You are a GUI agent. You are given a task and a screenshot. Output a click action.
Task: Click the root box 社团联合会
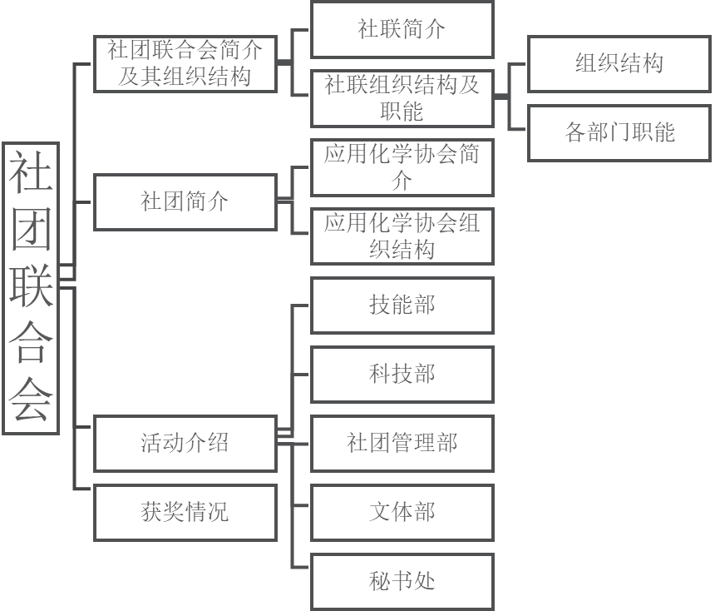pyautogui.click(x=31, y=287)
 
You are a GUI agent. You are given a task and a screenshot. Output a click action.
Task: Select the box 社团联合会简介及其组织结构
pyautogui.click(x=185, y=64)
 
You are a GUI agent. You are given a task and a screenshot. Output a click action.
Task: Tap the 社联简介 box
pyautogui.click(x=402, y=29)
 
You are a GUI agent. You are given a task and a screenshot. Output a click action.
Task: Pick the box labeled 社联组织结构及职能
pyautogui.click(x=402, y=97)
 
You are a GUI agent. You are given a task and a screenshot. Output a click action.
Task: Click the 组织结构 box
pyautogui.click(x=619, y=63)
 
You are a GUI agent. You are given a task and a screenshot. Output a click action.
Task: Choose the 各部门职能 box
pyautogui.click(x=619, y=132)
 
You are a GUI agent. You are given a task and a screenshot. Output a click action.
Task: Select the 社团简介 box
pyautogui.click(x=185, y=201)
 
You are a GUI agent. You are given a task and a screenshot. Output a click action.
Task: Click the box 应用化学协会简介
pyautogui.click(x=402, y=167)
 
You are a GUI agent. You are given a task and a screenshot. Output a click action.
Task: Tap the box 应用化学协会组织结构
pyautogui.click(x=402, y=236)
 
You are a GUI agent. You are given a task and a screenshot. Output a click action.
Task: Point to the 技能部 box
pyautogui.click(x=402, y=305)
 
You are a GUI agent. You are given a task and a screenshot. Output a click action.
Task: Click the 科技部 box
pyautogui.click(x=402, y=374)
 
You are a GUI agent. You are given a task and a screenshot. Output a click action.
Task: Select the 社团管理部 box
pyautogui.click(x=402, y=443)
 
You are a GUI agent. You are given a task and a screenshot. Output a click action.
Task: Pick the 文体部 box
pyautogui.click(x=402, y=512)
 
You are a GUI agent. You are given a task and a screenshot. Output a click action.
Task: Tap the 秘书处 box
pyautogui.click(x=402, y=581)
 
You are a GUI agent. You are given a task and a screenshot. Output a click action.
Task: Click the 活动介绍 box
pyautogui.click(x=185, y=443)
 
